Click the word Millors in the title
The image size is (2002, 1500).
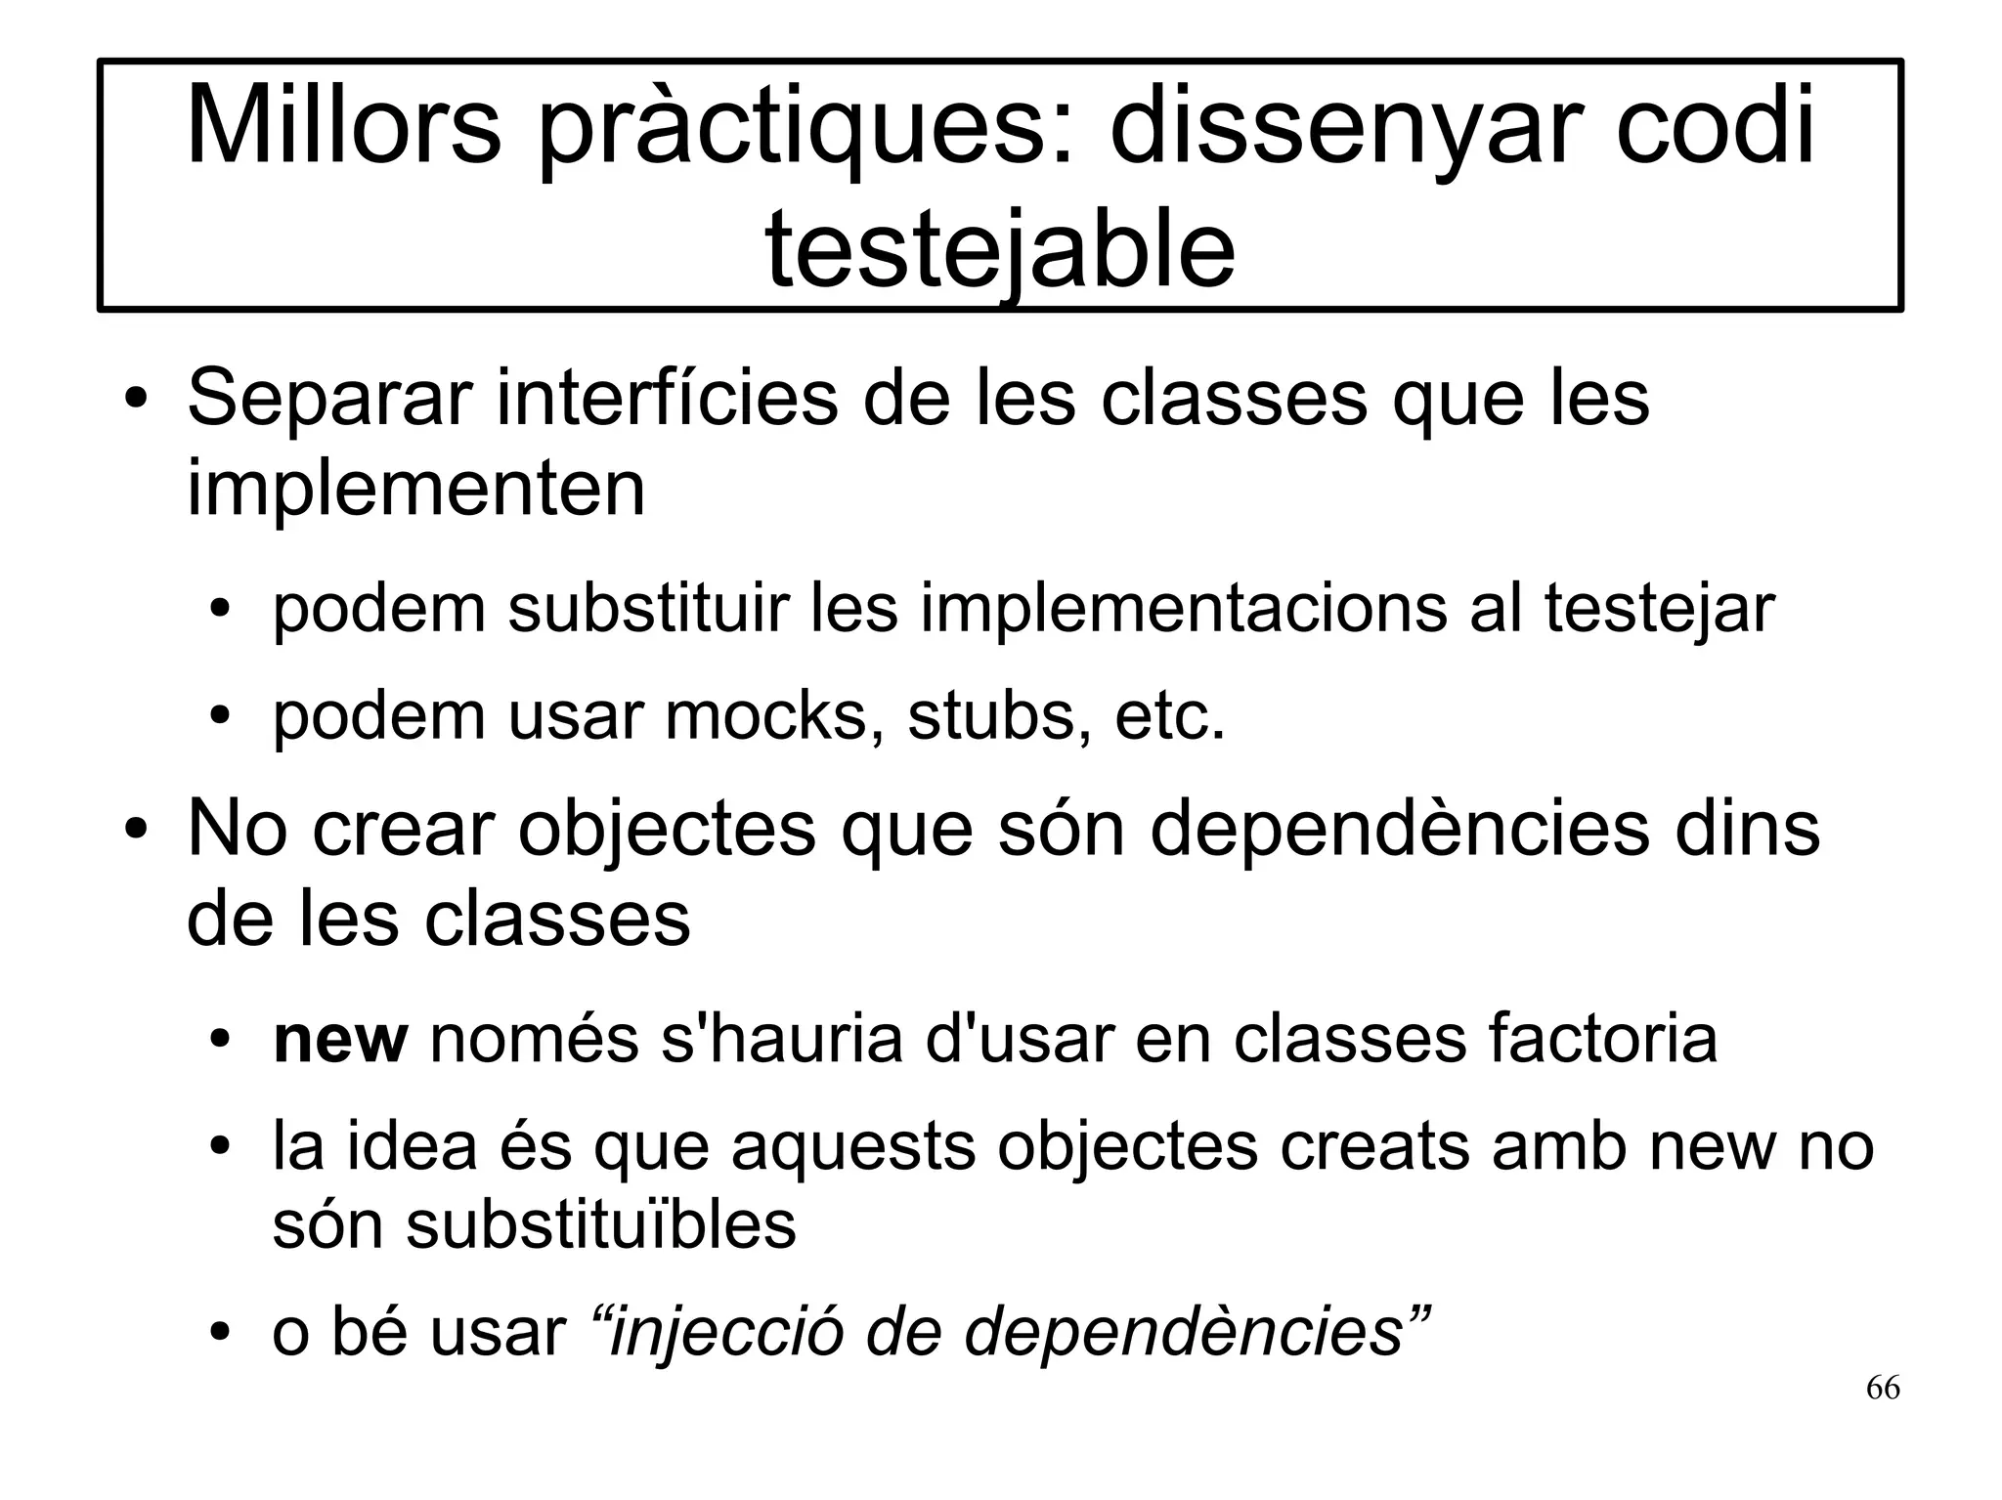(x=342, y=127)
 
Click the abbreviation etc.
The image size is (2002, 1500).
(x=1169, y=716)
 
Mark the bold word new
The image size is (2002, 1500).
(x=339, y=1039)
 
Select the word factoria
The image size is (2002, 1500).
(x=1602, y=1039)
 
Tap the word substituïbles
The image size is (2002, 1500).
(x=600, y=1224)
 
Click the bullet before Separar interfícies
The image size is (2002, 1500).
(x=136, y=403)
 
